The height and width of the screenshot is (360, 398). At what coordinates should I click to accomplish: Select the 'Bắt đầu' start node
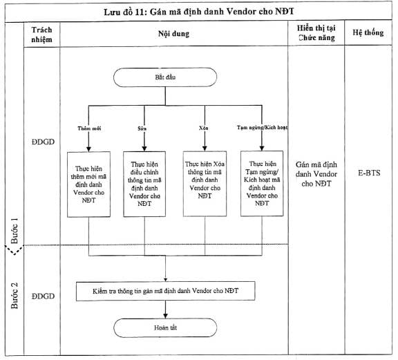[165, 77]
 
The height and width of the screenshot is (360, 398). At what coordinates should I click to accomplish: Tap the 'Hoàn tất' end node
[165, 328]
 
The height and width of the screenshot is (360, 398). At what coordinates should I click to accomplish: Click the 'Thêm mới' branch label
[89, 129]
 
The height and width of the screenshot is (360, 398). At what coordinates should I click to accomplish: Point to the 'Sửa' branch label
[142, 129]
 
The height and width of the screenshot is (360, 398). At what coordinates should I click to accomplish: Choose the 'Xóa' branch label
[204, 128]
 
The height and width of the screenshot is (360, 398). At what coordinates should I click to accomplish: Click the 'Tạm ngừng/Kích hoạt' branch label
[262, 127]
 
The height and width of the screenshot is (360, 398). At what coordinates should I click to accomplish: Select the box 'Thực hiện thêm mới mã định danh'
[88, 184]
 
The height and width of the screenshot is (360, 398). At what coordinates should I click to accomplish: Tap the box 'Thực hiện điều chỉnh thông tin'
[144, 184]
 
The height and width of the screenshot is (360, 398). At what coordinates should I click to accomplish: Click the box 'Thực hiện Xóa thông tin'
[205, 184]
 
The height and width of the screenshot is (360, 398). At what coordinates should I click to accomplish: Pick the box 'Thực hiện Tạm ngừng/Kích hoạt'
[262, 184]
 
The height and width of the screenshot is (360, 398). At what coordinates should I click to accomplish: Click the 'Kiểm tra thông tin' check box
[166, 291]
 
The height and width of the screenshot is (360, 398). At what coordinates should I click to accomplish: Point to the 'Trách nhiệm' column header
[41, 35]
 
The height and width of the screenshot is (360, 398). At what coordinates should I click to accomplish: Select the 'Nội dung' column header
[174, 34]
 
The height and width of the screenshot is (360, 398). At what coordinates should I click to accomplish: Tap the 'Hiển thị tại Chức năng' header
[316, 33]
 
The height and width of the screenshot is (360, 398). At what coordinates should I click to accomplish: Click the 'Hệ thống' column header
[368, 32]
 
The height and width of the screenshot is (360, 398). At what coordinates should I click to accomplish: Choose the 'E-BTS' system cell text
[369, 173]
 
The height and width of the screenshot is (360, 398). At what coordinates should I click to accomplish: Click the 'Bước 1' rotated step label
[15, 231]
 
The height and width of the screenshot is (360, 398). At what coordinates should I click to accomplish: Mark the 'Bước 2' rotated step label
[15, 296]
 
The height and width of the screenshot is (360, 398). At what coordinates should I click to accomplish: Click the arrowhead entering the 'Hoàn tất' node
[166, 316]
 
